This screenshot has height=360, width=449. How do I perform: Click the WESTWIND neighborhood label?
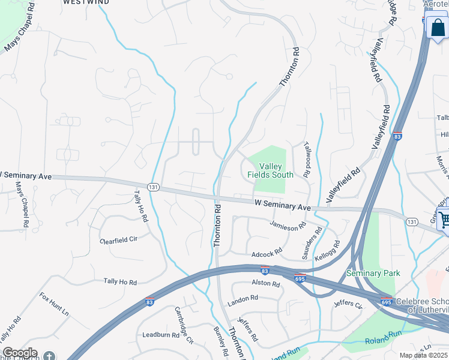coord(86,2)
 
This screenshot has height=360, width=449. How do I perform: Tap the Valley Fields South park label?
coord(271,170)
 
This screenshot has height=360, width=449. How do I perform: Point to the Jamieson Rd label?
coord(288,226)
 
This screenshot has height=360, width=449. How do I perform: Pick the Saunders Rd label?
coord(312,243)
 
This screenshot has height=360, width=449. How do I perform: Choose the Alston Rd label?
coord(266,283)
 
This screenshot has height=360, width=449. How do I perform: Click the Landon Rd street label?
coord(243,298)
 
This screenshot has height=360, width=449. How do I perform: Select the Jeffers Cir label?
coord(348,305)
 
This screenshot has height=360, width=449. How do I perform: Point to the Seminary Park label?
coord(373,274)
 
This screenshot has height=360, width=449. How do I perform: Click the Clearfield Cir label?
coord(119,239)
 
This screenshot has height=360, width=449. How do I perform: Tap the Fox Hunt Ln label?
coord(54,304)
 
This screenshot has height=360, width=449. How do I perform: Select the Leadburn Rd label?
coord(161,335)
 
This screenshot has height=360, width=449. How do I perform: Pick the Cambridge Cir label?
coord(184,324)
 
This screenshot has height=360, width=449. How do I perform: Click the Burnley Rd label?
coord(220,338)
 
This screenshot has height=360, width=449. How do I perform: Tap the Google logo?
coord(19,353)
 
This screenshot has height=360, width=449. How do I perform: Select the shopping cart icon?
coord(444,219)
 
